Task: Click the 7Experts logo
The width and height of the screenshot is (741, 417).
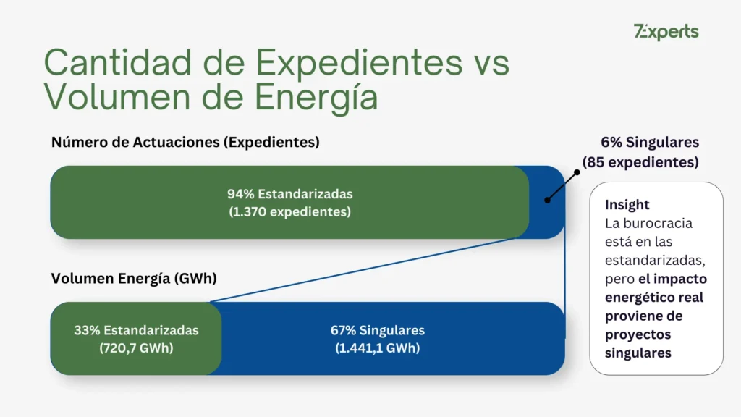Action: point(666,32)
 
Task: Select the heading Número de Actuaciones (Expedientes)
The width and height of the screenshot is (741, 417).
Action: point(185,143)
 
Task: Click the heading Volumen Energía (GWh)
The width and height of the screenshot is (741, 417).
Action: point(133,278)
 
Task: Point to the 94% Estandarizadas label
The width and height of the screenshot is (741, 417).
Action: point(289,194)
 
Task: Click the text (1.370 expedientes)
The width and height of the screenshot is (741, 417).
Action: point(289,212)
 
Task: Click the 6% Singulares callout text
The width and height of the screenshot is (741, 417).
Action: point(650,143)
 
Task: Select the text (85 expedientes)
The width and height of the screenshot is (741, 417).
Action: point(640,162)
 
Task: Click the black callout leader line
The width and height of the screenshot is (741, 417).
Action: point(563,185)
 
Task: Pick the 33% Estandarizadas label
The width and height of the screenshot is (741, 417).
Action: point(136,330)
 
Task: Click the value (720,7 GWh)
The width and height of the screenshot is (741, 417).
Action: point(136,347)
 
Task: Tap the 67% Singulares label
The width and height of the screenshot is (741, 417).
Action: point(378,330)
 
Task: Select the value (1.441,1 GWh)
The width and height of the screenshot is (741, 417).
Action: point(378,347)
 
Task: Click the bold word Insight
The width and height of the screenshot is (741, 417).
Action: point(627,205)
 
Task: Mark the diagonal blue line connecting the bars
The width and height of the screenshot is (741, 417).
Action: point(369,270)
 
